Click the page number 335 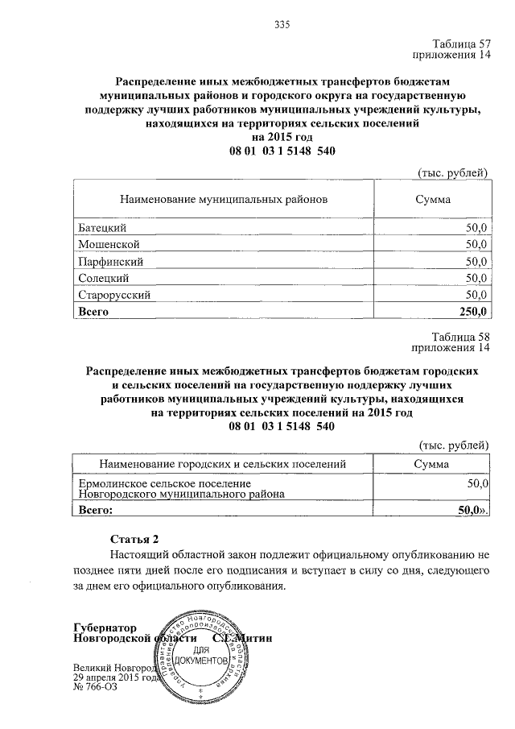pos(281,25)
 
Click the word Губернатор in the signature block pos(105,628)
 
